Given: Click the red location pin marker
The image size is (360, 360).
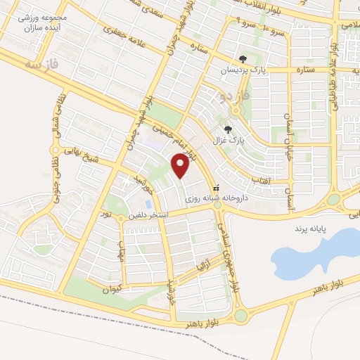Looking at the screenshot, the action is pyautogui.click(x=181, y=166).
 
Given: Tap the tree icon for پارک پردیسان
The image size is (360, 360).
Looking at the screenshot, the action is pyautogui.click(x=243, y=60).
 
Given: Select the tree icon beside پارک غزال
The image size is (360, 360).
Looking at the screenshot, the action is pyautogui.click(x=227, y=129).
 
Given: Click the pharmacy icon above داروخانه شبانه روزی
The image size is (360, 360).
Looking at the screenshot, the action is pyautogui.click(x=217, y=188).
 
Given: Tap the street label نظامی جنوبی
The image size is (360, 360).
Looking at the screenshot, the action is pyautogui.click(x=62, y=172).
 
